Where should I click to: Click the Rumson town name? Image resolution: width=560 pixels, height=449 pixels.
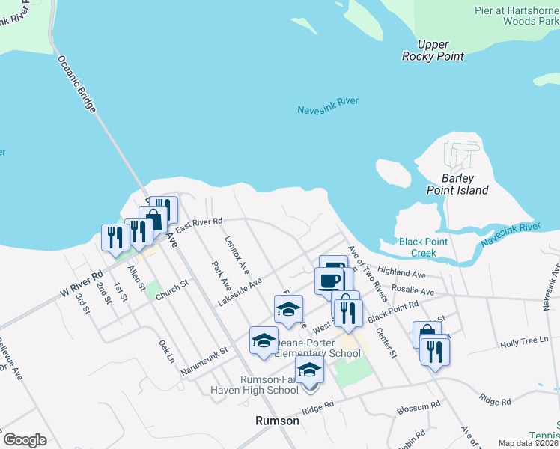(x=278, y=421)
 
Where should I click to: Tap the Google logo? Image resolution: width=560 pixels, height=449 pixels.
(x=25, y=440)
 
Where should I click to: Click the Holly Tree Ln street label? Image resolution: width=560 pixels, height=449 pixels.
(x=520, y=342)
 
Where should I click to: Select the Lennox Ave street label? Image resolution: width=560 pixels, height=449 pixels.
(x=235, y=254)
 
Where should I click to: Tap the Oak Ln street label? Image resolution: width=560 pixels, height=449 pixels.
(x=166, y=351)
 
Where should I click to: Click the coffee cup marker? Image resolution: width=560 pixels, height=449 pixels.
(x=330, y=281)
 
